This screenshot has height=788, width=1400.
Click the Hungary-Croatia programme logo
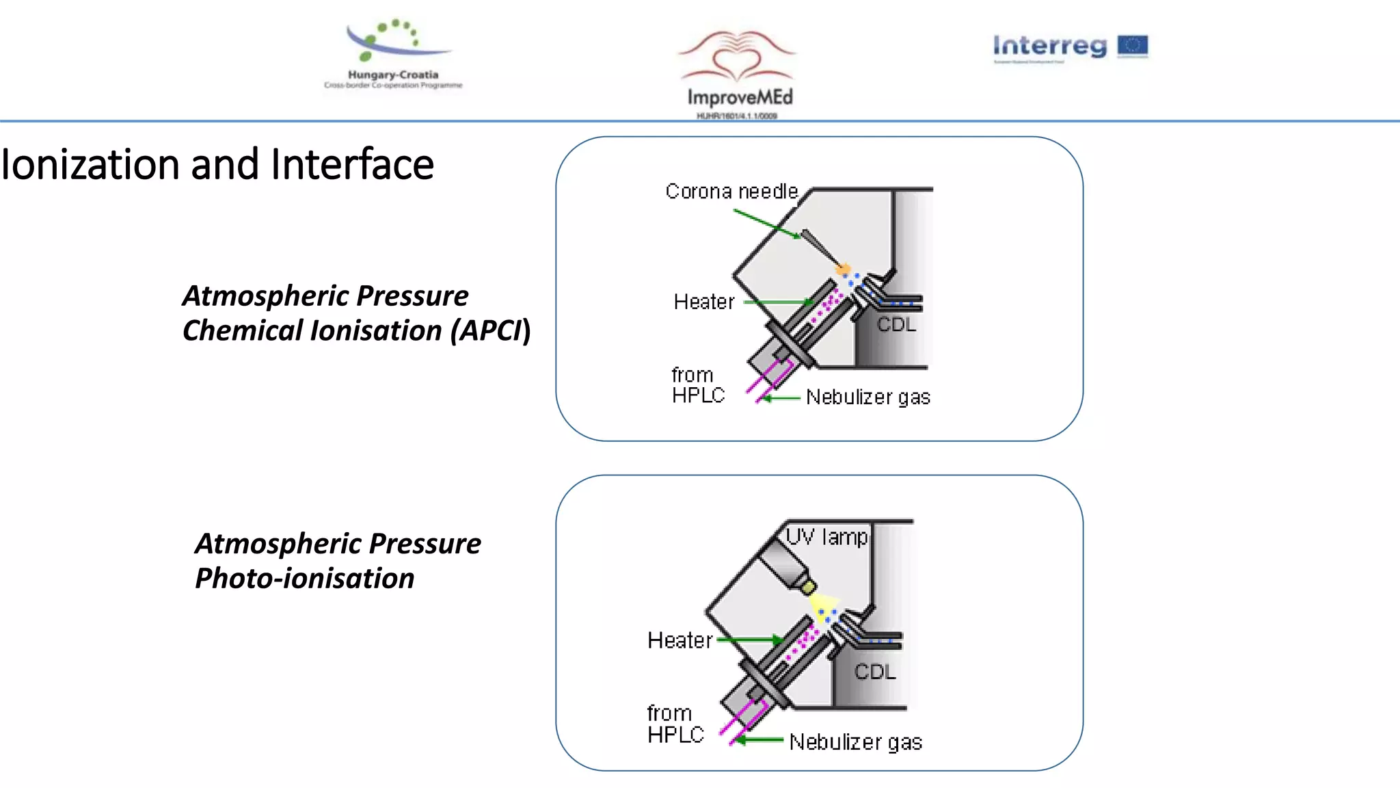click(x=394, y=55)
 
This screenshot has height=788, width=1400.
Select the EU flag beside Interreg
click(x=1133, y=46)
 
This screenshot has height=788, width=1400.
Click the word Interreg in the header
click(x=1049, y=46)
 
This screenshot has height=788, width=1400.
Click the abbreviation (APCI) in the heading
click(x=489, y=330)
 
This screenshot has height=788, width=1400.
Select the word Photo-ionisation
click(x=305, y=578)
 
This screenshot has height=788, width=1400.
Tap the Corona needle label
click(x=731, y=192)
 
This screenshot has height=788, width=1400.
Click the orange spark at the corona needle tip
click(x=844, y=269)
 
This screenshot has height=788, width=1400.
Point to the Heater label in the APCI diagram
click(x=703, y=302)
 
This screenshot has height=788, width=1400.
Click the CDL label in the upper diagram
click(x=896, y=324)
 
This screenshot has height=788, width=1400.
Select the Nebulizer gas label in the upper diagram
click(x=868, y=397)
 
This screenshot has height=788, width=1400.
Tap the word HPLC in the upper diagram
click(x=698, y=395)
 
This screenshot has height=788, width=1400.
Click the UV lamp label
click(x=826, y=537)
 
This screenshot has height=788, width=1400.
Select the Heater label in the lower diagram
click(x=679, y=640)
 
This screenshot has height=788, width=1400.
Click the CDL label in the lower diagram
click(x=875, y=672)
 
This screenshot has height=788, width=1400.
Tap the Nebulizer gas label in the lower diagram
click(x=855, y=742)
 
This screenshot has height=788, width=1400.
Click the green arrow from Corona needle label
click(x=766, y=224)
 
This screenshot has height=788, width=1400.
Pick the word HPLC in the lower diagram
click(x=675, y=735)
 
